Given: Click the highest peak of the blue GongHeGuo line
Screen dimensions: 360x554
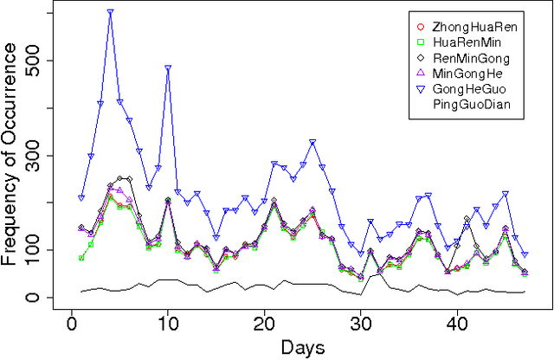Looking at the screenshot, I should click(x=110, y=12).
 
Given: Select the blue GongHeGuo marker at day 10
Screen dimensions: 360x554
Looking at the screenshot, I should click(x=167, y=67).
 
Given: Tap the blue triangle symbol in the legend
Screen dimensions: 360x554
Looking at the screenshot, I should click(x=420, y=89).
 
